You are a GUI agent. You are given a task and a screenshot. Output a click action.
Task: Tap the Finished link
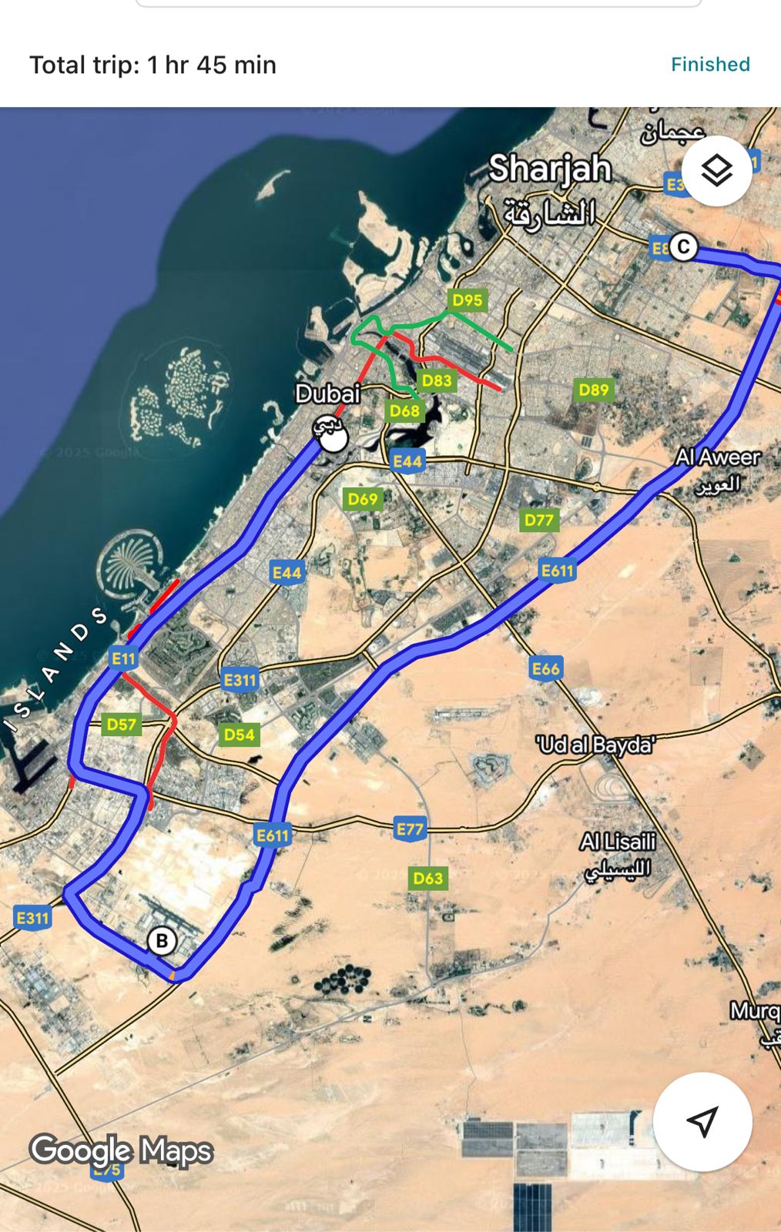[710, 65]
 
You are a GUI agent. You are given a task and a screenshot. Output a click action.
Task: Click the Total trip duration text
[153, 65]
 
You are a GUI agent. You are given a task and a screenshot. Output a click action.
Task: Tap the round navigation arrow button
[702, 1121]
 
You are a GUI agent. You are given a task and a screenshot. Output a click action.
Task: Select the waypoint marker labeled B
[162, 941]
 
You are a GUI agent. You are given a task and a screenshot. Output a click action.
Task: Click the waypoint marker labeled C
[683, 247]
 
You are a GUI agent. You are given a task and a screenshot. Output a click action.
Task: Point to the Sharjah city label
[550, 169]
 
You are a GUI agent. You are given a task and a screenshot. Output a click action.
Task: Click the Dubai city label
[328, 394]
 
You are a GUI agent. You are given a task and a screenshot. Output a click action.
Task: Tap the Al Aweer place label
[718, 457]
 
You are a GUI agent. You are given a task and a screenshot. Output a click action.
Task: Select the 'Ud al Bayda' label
[595, 745]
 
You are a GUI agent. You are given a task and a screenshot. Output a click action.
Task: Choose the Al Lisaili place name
[618, 842]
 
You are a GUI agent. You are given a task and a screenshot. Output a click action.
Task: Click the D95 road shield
[468, 300]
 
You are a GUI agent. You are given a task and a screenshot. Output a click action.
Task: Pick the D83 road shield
[437, 380]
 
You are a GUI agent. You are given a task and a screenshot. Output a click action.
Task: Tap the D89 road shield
[594, 390]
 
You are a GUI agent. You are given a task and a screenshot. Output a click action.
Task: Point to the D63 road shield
[428, 879]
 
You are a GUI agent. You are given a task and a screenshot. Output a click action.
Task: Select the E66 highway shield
[545, 668]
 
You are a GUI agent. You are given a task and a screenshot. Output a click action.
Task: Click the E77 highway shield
[410, 829]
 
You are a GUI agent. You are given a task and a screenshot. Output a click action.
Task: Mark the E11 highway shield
[123, 658]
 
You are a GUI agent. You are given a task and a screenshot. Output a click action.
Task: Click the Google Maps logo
[121, 1150]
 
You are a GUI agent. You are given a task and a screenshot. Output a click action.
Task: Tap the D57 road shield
[121, 725]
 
